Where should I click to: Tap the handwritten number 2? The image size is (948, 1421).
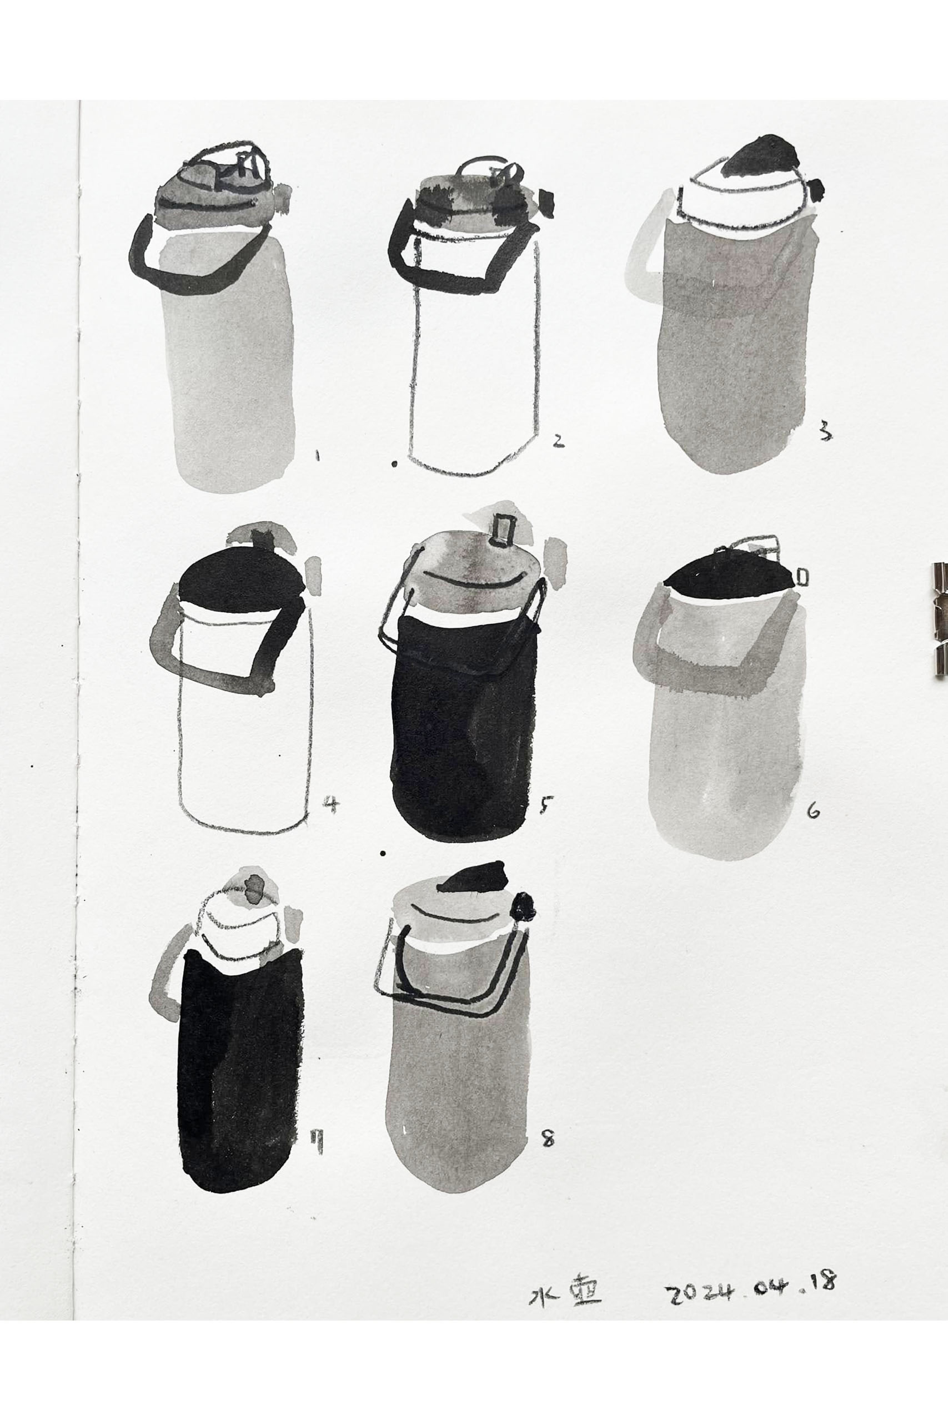click(558, 441)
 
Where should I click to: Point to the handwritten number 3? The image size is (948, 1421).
click(825, 432)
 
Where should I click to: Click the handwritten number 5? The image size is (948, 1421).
click(546, 805)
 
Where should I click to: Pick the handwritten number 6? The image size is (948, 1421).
click(814, 812)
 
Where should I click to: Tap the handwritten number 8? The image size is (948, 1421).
click(548, 1139)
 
